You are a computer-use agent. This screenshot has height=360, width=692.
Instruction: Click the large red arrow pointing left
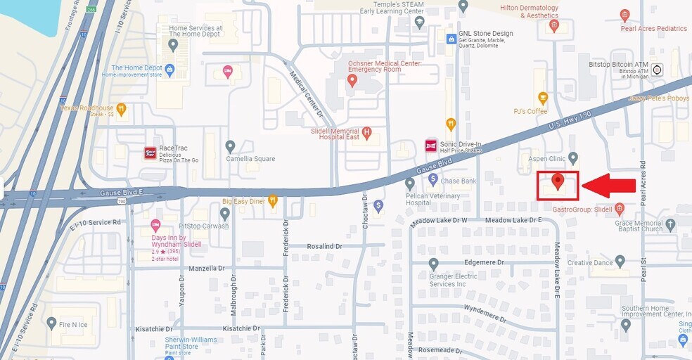[609, 186]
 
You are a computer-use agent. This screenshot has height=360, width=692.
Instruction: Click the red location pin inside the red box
[558, 181]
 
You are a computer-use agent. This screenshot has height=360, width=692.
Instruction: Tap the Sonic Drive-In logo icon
[431, 146]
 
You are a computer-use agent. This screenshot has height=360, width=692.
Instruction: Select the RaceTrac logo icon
[150, 153]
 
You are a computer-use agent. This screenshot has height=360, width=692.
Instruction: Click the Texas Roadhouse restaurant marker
[122, 108]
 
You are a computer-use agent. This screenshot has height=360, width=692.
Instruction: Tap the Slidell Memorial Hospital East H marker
[366, 132]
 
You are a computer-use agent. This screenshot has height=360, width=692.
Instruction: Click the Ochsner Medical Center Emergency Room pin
[352, 81]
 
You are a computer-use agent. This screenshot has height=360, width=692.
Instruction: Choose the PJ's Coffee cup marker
[542, 98]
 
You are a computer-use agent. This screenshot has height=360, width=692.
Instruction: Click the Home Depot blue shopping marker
[169, 69]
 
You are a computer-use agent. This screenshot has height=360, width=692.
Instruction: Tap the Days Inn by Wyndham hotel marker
[155, 225]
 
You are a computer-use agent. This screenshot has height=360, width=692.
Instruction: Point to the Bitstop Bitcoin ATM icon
[658, 70]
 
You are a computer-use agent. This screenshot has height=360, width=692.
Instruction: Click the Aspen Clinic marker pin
[573, 157]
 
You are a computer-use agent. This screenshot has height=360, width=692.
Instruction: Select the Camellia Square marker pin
[230, 146]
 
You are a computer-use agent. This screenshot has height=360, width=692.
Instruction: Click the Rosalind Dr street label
[324, 247]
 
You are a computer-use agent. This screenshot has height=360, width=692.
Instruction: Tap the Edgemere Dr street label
[485, 262]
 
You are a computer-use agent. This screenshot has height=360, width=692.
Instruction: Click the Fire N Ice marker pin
[51, 323]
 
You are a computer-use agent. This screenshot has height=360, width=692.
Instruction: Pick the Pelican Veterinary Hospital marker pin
[410, 184]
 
